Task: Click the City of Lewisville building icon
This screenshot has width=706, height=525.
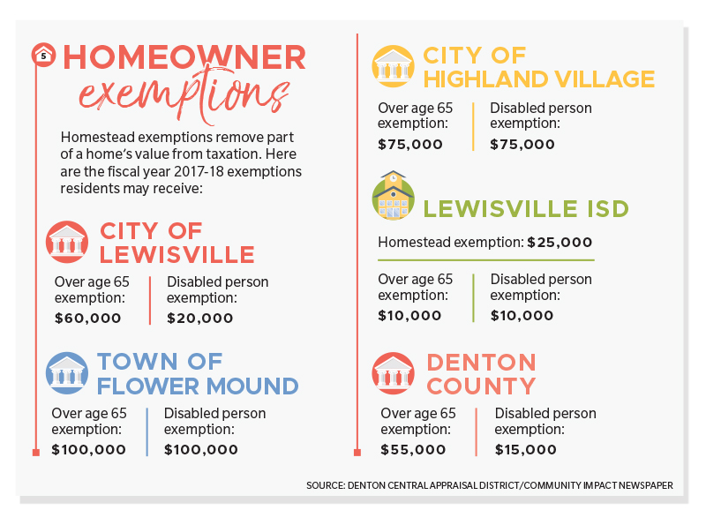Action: (x=68, y=242)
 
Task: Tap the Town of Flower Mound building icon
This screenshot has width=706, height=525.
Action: (x=68, y=373)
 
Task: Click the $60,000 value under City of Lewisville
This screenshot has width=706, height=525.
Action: (x=87, y=318)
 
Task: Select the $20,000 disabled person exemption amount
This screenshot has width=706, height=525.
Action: (x=200, y=318)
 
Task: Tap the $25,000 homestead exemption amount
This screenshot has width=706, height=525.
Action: (x=560, y=242)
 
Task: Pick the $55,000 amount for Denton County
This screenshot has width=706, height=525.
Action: (x=413, y=449)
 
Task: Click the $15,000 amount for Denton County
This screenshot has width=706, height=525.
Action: (x=526, y=449)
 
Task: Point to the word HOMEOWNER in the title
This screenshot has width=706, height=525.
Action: (x=184, y=58)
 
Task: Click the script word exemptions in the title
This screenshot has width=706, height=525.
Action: (x=183, y=94)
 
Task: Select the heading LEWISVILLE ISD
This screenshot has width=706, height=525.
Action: (x=526, y=209)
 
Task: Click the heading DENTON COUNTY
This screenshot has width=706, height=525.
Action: (x=482, y=374)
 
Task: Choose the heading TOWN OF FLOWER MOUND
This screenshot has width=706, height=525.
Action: (x=198, y=373)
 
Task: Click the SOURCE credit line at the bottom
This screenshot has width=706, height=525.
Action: (x=490, y=485)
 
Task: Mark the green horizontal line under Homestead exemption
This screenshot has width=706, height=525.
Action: (x=485, y=259)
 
